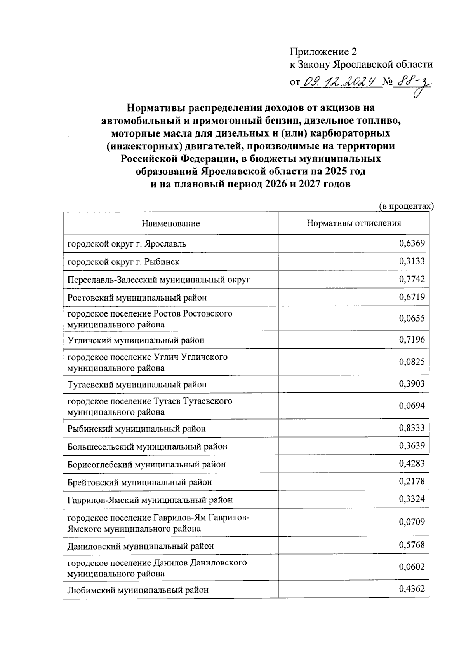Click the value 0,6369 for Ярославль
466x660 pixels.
pyautogui.click(x=412, y=243)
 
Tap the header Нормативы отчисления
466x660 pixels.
pyautogui.click(x=354, y=223)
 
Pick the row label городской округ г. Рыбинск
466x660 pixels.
pyautogui.click(x=123, y=262)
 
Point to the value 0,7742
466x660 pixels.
pyautogui.click(x=412, y=279)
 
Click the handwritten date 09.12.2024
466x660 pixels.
pyautogui.click(x=340, y=82)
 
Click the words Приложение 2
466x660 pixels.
pyautogui.click(x=323, y=51)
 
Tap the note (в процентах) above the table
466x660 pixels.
pyautogui.click(x=406, y=206)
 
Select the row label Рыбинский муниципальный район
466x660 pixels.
pyautogui.click(x=136, y=429)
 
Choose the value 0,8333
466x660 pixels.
pyautogui.click(x=412, y=428)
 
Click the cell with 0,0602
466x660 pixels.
pyautogui.click(x=412, y=567)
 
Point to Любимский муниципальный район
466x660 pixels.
pyautogui.click(x=138, y=590)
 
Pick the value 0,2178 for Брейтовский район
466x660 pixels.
pyautogui.click(x=412, y=481)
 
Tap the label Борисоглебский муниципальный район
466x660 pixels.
pyautogui.click(x=146, y=464)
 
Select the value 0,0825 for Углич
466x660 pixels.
pyautogui.click(x=412, y=362)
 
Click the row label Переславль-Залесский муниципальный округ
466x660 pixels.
pyautogui.click(x=159, y=280)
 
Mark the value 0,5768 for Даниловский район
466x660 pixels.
pyautogui.click(x=412, y=545)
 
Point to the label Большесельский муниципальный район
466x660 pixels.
pyautogui.click(x=147, y=446)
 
